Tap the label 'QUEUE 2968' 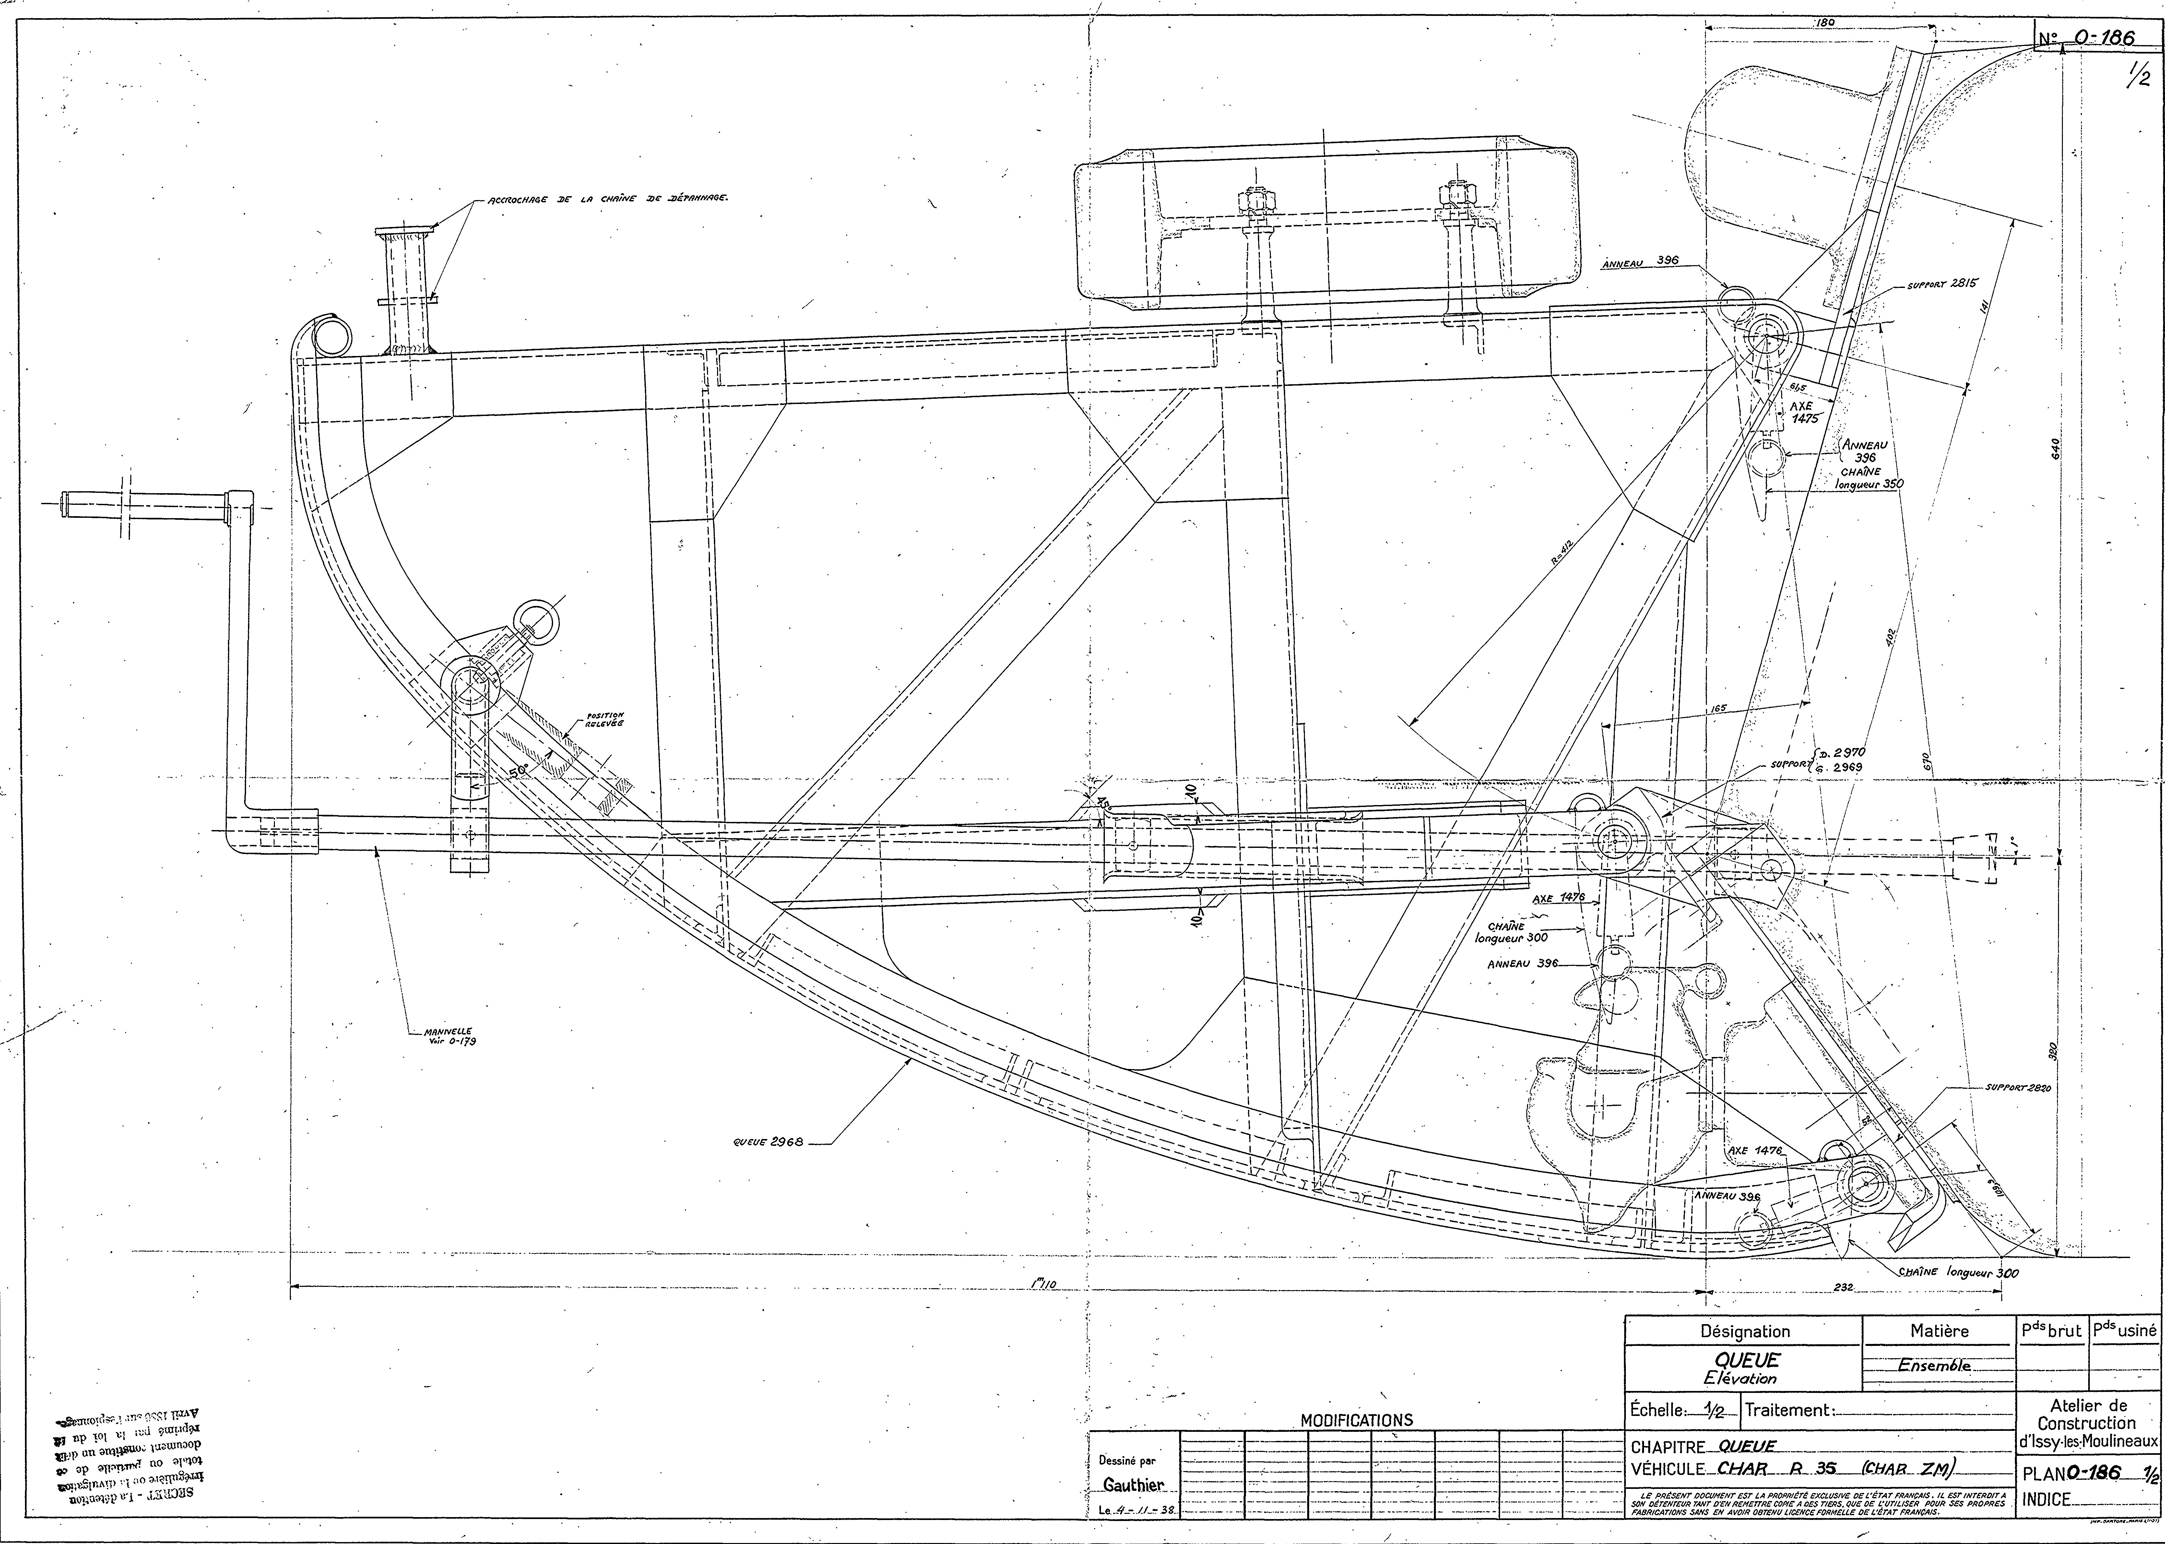[768, 1143]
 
